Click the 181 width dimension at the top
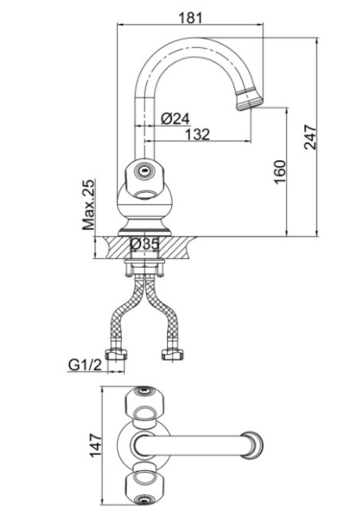(x=190, y=18)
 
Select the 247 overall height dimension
(x=311, y=137)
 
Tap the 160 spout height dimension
(x=280, y=172)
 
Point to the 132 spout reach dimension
(x=198, y=134)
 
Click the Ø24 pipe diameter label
(x=175, y=119)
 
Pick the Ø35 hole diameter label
(x=144, y=244)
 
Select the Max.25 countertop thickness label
(x=88, y=205)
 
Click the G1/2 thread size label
(x=85, y=365)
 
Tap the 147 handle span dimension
(x=96, y=445)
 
